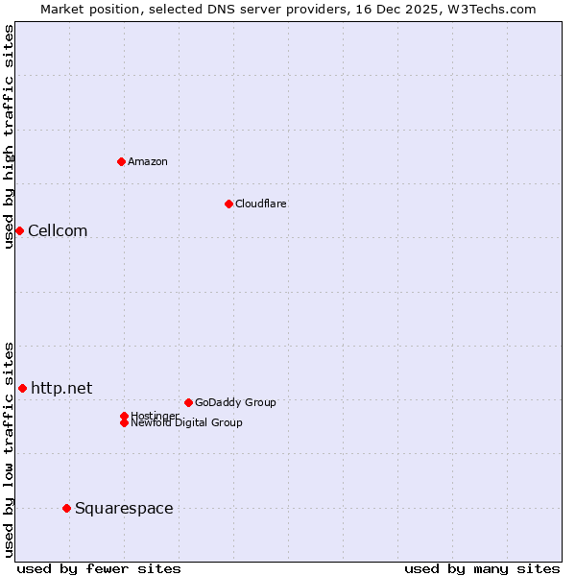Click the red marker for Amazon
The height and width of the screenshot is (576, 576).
click(121, 161)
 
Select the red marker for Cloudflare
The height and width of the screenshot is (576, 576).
click(228, 204)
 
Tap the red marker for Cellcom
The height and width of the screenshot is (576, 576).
click(19, 230)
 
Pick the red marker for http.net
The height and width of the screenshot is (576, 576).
click(22, 388)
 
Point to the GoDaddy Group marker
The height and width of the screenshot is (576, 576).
click(188, 402)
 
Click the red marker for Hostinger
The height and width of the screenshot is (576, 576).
click(124, 416)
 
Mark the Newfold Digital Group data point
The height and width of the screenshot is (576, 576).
click(124, 422)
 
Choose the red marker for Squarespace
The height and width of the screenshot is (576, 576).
click(66, 508)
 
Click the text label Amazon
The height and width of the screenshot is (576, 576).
click(148, 161)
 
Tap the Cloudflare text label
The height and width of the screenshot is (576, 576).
click(261, 204)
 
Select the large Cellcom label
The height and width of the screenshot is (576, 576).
click(58, 230)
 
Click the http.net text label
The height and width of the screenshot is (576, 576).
click(61, 388)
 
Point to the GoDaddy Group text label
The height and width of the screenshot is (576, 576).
click(235, 402)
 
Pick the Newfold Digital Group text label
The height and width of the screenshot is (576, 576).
click(186, 422)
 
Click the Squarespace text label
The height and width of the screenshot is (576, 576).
click(124, 508)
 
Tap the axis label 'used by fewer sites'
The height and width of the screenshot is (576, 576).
click(99, 568)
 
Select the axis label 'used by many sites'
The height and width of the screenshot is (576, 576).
click(482, 568)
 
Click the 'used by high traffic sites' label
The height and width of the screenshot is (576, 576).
click(9, 136)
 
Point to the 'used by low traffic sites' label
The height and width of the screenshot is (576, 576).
click(9, 448)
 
